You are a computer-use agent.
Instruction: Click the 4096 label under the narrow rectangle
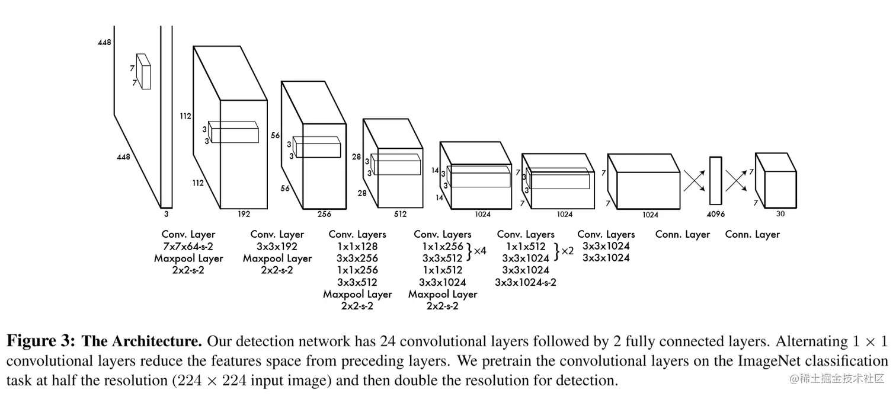[716, 214]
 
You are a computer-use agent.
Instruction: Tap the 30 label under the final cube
[780, 213]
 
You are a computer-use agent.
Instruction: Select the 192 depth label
[244, 214]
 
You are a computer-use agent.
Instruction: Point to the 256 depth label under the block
[324, 214]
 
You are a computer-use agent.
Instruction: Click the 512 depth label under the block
[401, 214]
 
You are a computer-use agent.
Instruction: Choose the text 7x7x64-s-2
[188, 246]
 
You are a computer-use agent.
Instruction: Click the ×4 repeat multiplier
[479, 251]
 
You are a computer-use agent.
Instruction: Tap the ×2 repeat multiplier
[567, 251]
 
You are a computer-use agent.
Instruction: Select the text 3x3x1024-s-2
[526, 282]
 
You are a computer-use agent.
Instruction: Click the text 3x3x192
[277, 246]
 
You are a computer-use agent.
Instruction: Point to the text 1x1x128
[357, 246]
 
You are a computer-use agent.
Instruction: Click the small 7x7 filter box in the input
[143, 71]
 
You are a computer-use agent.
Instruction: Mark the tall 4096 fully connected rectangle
[716, 180]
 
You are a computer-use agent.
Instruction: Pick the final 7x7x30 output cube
[776, 180]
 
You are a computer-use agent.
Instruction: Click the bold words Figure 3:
[41, 341]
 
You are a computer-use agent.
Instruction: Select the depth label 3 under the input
[167, 214]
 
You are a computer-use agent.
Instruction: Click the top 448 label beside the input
[104, 42]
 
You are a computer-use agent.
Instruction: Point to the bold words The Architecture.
[142, 341]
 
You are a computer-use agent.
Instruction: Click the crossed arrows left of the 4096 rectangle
[694, 181]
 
